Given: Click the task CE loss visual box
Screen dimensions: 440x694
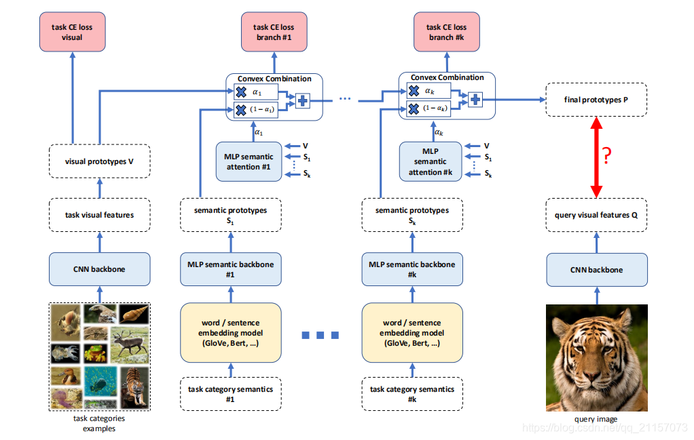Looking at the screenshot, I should point(71,32).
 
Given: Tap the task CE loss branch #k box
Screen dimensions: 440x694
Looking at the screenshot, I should point(446,32).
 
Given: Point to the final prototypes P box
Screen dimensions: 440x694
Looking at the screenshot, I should point(596,100).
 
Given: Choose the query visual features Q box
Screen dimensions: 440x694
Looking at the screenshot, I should point(596,215).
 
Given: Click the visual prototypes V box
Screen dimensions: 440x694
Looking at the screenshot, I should point(99,161).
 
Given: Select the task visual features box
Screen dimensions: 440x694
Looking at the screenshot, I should point(99,215).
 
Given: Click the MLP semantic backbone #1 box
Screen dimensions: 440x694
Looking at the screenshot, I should point(230,269).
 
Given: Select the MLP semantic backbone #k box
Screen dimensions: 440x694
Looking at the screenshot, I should point(412,269).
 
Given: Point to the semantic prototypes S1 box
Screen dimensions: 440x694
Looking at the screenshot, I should point(230,215).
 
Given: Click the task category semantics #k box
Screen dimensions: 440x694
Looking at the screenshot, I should point(412,393).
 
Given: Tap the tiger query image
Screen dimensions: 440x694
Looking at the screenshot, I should point(596,357).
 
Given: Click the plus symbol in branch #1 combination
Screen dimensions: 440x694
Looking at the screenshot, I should point(302,100).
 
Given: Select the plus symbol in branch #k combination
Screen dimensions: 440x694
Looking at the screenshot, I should point(475,100).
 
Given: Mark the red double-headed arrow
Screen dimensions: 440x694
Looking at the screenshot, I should point(596,157).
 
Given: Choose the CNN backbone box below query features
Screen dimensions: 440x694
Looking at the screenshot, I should point(596,269).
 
